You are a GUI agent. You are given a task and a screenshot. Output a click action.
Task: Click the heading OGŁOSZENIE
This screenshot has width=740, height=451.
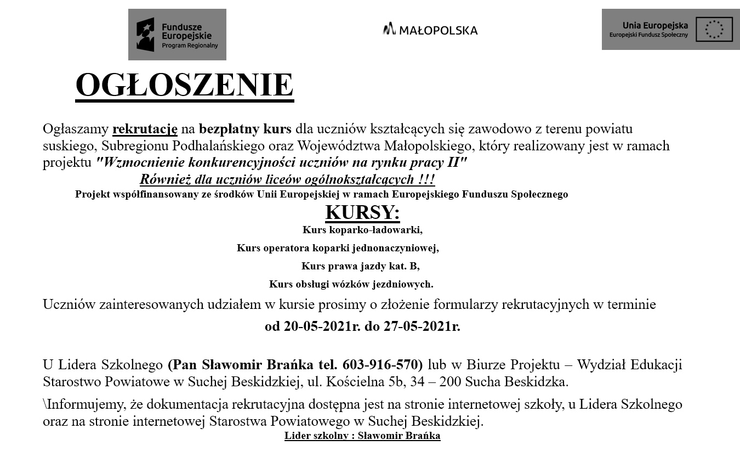pyautogui.click(x=184, y=86)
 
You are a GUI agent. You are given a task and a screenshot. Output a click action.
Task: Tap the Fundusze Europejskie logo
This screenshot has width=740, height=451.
pyautogui.click(x=177, y=35)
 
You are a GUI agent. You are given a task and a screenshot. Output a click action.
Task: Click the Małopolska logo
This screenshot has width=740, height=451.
pyautogui.click(x=430, y=30)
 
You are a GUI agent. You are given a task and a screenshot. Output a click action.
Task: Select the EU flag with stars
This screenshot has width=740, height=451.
pyautogui.click(x=714, y=29)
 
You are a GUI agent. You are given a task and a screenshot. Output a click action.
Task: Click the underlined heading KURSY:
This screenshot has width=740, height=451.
pyautogui.click(x=362, y=212)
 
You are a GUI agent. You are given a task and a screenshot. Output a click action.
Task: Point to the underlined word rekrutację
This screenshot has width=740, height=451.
pyautogui.click(x=145, y=129)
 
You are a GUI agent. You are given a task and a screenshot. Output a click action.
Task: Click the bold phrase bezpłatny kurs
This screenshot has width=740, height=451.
pyautogui.click(x=245, y=129)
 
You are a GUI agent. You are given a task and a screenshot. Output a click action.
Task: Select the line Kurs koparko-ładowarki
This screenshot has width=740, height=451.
pyautogui.click(x=362, y=230)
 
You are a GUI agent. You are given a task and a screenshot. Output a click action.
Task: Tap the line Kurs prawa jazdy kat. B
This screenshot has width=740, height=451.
pyautogui.click(x=360, y=267)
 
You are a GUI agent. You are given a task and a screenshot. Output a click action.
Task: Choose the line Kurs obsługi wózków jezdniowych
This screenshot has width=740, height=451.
pyautogui.click(x=351, y=284)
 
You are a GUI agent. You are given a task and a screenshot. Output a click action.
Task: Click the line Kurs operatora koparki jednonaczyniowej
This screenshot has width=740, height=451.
pyautogui.click(x=338, y=248)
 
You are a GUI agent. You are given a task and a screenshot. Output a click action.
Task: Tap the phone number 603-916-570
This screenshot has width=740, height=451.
pyautogui.click(x=382, y=365)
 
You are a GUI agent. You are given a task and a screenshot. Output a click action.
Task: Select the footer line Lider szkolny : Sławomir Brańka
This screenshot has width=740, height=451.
pyautogui.click(x=362, y=436)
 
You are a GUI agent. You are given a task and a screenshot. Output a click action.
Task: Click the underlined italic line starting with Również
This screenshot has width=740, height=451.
pyautogui.click(x=287, y=179)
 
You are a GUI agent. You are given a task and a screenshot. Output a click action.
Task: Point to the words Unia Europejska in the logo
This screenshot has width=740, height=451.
pyautogui.click(x=655, y=25)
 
